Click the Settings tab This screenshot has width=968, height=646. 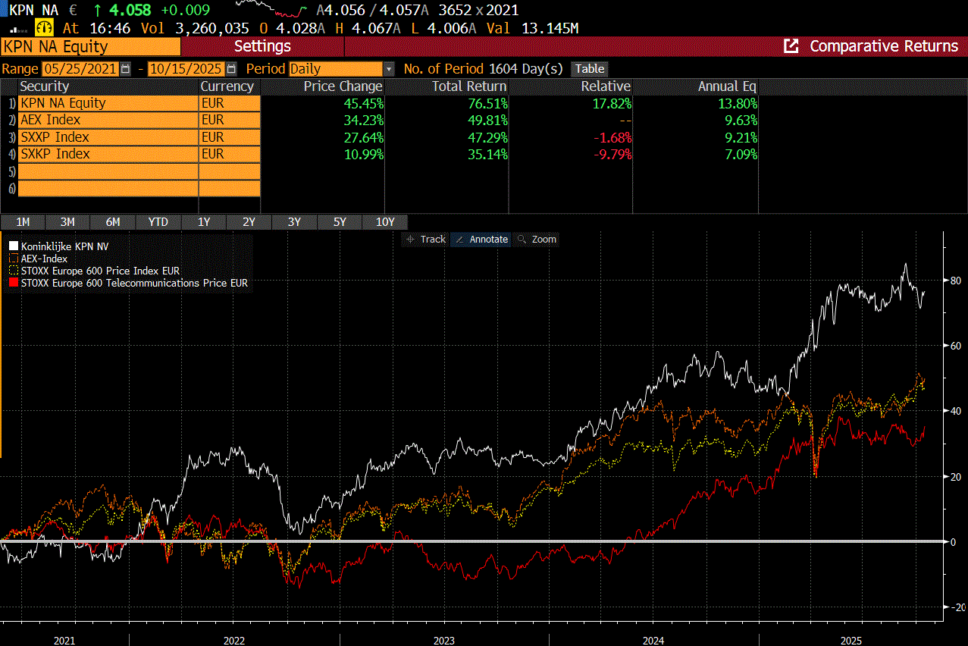click(262, 46)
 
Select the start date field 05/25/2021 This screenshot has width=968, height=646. click(80, 69)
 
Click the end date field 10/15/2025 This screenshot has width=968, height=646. click(186, 69)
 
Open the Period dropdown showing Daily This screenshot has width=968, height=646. click(341, 69)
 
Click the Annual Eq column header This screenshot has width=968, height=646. click(726, 86)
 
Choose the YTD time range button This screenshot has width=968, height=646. click(158, 222)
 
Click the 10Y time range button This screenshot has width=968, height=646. click(385, 222)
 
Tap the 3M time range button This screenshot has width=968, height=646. click(67, 222)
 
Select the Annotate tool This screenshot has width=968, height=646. click(481, 239)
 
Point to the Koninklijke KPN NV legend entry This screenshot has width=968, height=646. click(64, 246)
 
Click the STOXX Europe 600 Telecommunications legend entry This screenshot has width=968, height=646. click(133, 283)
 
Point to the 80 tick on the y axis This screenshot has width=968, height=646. click(956, 281)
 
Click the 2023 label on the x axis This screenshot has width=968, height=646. click(443, 641)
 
